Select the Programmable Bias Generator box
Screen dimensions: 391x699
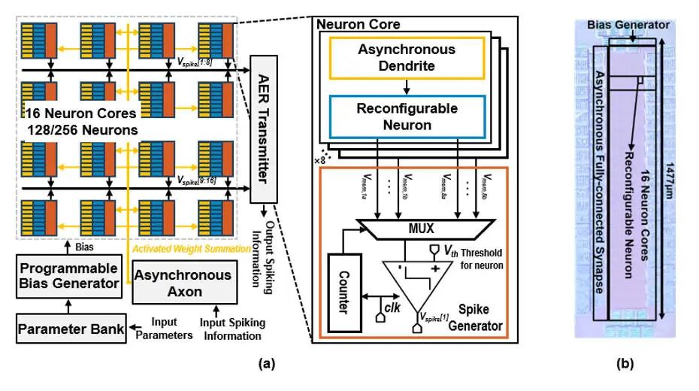[x=68, y=276]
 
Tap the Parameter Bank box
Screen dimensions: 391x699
[x=71, y=329]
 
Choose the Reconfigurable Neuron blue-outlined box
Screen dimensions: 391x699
[x=406, y=117]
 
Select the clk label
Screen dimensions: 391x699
[x=392, y=307]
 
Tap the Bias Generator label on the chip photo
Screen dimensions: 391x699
[x=629, y=25]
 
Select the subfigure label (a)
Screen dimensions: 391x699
[x=266, y=363]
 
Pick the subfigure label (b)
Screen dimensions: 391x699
[x=625, y=363]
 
